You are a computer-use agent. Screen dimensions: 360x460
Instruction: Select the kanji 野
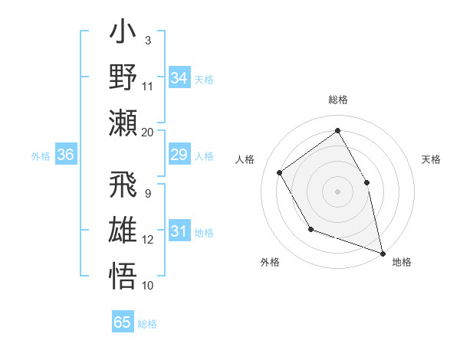click(123, 77)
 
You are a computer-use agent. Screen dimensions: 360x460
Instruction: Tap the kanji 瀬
click(123, 123)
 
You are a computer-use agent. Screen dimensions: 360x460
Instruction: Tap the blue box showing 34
click(179, 78)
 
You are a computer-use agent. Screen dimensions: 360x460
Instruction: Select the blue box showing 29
click(179, 155)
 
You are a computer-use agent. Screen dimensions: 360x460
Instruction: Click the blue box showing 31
click(179, 232)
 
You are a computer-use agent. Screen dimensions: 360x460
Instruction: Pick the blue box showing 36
click(65, 155)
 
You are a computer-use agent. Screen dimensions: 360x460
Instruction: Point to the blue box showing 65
click(123, 322)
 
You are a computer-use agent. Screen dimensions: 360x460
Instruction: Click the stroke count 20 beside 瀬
click(147, 132)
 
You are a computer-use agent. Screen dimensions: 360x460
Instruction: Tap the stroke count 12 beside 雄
click(147, 240)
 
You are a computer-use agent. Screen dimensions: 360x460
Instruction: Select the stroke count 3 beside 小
click(147, 40)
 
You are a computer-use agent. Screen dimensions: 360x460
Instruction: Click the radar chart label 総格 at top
click(338, 100)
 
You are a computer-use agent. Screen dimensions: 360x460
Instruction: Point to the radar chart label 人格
click(245, 159)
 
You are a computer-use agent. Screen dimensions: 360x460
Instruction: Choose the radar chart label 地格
click(402, 262)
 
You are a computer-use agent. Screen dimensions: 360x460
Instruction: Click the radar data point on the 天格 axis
click(366, 182)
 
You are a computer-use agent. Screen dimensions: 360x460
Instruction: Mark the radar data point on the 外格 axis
click(310, 228)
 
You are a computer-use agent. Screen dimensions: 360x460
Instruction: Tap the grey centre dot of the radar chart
click(337, 191)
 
